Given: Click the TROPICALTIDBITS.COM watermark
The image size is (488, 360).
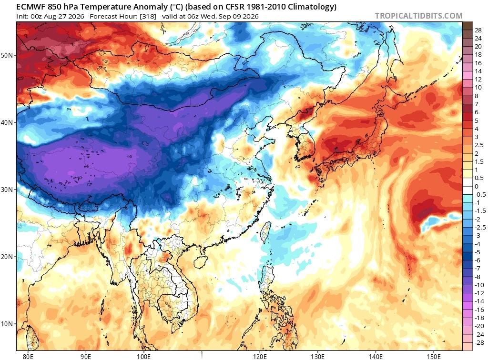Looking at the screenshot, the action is [x=418, y=16].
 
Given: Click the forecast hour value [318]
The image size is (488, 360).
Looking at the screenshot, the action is [x=148, y=17].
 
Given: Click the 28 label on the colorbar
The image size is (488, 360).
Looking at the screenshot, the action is [x=478, y=30].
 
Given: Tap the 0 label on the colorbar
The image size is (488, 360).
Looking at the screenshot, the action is [x=477, y=187].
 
